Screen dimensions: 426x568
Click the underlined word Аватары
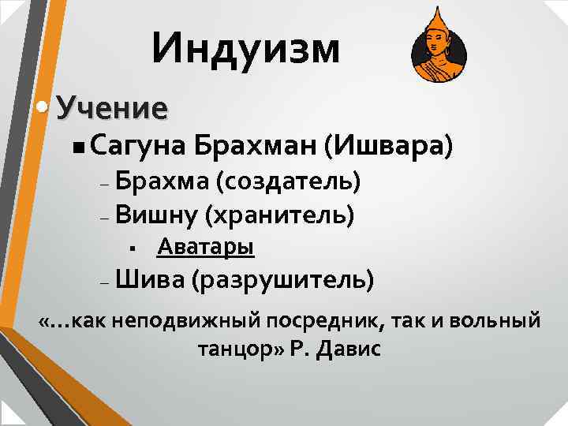(x=205, y=247)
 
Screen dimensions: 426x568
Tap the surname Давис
(x=347, y=349)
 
